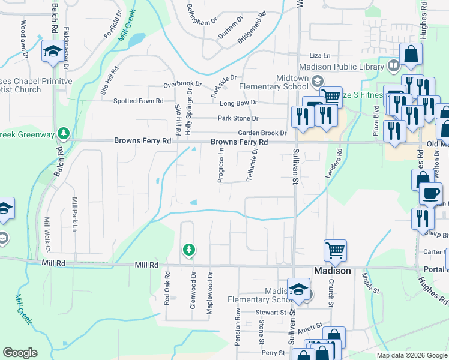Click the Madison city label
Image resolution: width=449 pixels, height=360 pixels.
point(333,271)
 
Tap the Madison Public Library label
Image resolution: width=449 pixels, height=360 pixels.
point(340,67)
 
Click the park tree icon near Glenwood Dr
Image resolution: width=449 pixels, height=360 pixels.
point(189,249)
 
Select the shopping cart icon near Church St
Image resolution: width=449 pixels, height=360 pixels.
point(335,250)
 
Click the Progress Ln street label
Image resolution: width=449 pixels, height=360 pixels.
point(220,166)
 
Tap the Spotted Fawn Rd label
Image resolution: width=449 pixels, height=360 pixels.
point(139,101)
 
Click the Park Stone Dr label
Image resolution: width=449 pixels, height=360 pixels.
point(238,118)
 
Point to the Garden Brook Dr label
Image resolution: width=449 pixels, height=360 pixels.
point(262,133)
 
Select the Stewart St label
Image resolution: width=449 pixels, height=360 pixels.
point(270,313)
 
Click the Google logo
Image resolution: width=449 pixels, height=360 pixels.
point(20,353)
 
